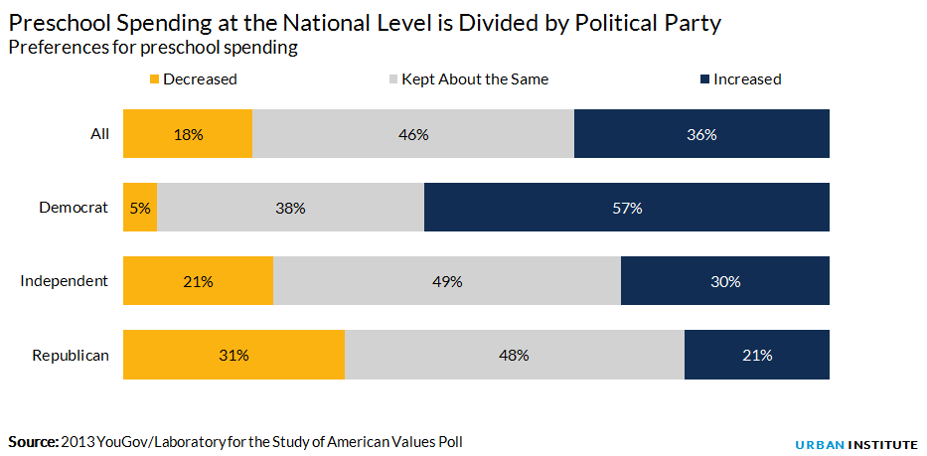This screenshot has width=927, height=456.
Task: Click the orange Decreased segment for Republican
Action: click(x=233, y=355)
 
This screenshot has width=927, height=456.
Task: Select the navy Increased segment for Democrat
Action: click(x=627, y=208)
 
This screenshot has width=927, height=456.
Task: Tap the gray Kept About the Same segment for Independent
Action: click(x=447, y=281)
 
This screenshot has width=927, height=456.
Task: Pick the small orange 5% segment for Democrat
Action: click(x=140, y=208)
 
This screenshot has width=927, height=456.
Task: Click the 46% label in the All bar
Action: click(x=413, y=134)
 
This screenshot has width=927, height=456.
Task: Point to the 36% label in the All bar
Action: click(x=701, y=134)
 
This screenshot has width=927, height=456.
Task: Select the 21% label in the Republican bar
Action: click(x=757, y=355)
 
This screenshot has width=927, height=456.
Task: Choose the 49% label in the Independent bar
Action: click(x=447, y=281)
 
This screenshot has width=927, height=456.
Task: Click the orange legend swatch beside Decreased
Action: click(x=154, y=79)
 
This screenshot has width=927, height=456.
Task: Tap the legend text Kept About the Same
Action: click(x=475, y=79)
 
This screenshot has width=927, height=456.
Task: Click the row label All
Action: click(x=99, y=134)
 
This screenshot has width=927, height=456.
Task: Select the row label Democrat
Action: click(x=74, y=208)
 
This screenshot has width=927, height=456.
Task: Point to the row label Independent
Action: click(x=65, y=281)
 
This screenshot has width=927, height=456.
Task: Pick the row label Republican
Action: click(x=70, y=355)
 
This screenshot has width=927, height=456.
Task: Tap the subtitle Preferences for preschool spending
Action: click(x=153, y=47)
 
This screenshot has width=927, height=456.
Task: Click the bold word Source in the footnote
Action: click(x=33, y=440)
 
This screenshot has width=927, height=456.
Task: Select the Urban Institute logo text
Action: click(x=856, y=443)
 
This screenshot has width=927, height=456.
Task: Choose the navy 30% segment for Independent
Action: click(x=725, y=281)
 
